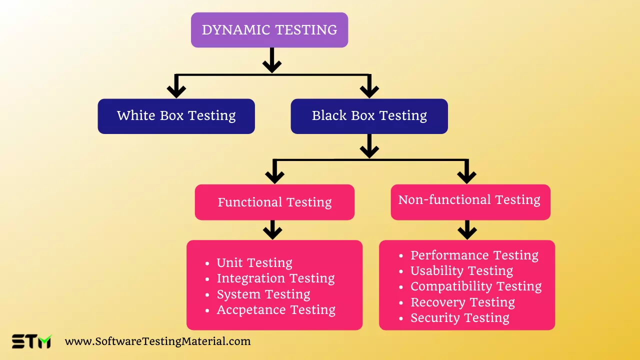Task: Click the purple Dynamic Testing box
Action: click(269, 30)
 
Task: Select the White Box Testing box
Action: click(176, 116)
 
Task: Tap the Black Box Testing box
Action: click(369, 116)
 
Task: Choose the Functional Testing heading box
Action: click(274, 202)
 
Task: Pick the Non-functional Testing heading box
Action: click(470, 200)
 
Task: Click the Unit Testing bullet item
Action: click(254, 263)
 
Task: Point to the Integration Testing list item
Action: click(275, 278)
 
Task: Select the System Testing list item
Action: click(263, 294)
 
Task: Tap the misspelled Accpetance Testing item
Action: click(276, 310)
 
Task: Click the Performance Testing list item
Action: click(474, 255)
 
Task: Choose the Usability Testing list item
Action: click(461, 271)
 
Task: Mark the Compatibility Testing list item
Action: click(475, 286)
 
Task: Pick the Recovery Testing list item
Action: click(462, 302)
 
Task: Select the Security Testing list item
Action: click(459, 318)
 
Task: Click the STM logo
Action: click(31, 341)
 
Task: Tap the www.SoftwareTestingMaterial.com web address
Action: click(157, 341)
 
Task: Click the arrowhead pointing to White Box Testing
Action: click(176, 90)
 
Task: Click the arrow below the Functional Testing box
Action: click(272, 230)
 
